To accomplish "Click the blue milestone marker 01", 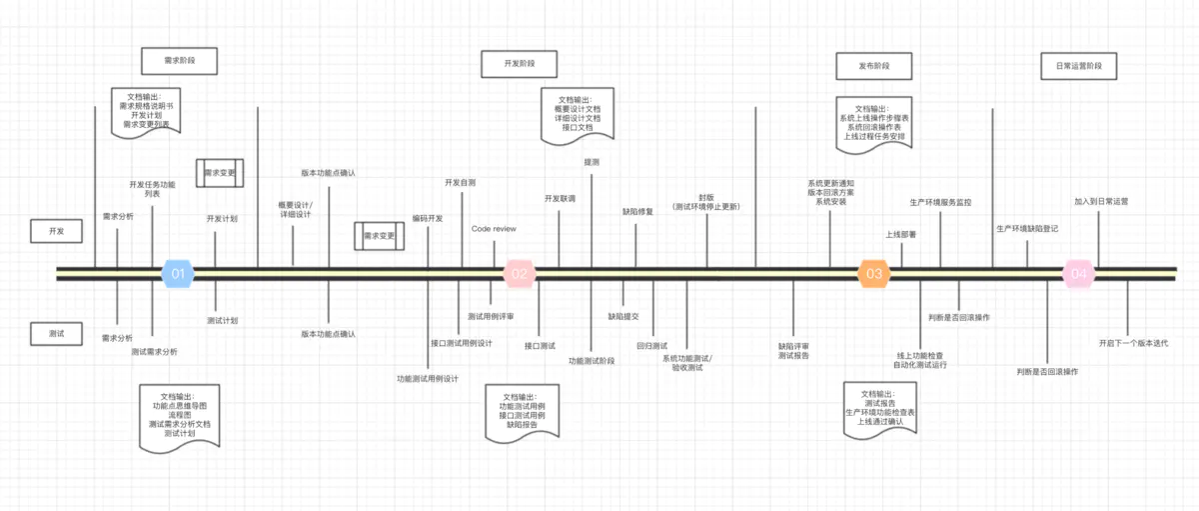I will [177, 273].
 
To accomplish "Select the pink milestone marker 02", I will [520, 273].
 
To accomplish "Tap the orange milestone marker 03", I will [874, 273].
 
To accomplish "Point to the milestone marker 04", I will [1078, 273].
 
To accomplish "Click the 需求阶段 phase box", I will [180, 61].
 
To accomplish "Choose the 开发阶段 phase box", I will [520, 64].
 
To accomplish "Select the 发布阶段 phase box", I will [874, 66].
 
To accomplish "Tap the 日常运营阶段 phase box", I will [1078, 66].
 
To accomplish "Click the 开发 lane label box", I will [56, 231].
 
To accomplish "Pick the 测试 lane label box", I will [56, 333].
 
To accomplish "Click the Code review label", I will [494, 229].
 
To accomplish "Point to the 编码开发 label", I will [428, 218].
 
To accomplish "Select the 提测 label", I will [592, 162].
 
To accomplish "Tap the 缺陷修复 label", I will [637, 212].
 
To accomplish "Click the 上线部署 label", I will [901, 235].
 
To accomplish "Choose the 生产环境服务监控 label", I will [940, 202].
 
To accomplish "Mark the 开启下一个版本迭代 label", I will [1133, 343].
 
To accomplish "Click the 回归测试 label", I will [651, 346].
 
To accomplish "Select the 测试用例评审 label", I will [491, 316].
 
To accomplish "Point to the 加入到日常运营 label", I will [1101, 201].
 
